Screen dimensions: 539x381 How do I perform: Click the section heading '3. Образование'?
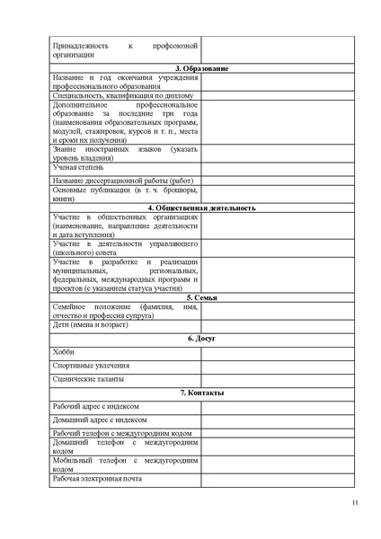pyautogui.click(x=200, y=69)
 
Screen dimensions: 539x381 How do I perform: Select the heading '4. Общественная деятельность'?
pyautogui.click(x=200, y=208)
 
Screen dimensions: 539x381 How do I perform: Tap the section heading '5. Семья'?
pyautogui.click(x=200, y=296)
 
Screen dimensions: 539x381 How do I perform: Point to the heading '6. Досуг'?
pyautogui.click(x=200, y=338)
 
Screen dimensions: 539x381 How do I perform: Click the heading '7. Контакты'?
pyautogui.click(x=200, y=393)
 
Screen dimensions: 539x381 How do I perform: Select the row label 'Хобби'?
pyautogui.click(x=64, y=352)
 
